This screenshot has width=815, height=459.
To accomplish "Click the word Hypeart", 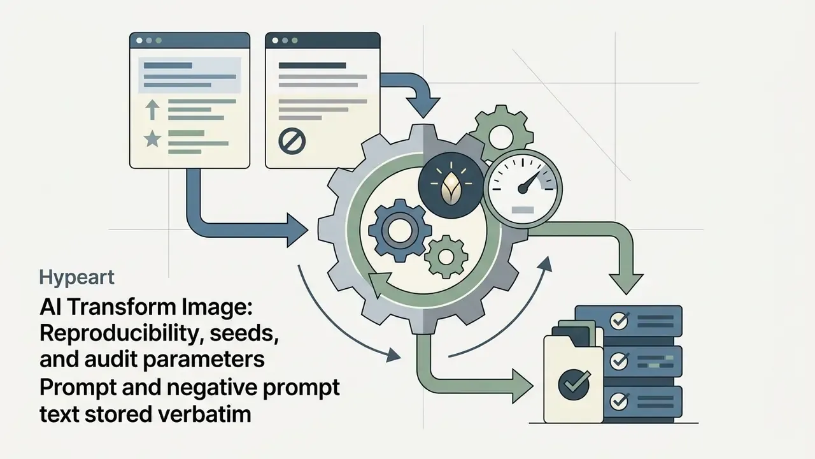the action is click(x=77, y=278).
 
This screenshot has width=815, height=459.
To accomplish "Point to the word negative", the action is click(x=212, y=388).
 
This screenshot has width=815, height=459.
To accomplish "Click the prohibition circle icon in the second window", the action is click(x=292, y=142).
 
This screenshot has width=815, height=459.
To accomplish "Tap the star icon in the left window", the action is click(x=152, y=139).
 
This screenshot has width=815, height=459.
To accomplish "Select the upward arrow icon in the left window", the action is click(x=152, y=110).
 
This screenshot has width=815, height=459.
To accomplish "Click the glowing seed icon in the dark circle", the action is click(x=450, y=188).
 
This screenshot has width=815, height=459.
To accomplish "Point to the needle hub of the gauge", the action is click(x=523, y=189).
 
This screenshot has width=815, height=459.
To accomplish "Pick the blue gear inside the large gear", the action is click(x=399, y=231).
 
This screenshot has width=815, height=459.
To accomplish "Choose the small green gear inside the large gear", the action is click(x=446, y=257).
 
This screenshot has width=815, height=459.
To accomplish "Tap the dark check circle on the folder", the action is click(x=574, y=384).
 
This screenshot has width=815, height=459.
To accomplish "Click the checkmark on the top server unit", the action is click(x=620, y=321).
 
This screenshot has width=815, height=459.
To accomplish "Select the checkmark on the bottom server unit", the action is click(x=620, y=401).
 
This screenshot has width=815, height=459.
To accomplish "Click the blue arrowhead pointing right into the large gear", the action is click(x=297, y=230).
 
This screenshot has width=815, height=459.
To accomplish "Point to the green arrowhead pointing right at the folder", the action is click(x=523, y=386).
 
